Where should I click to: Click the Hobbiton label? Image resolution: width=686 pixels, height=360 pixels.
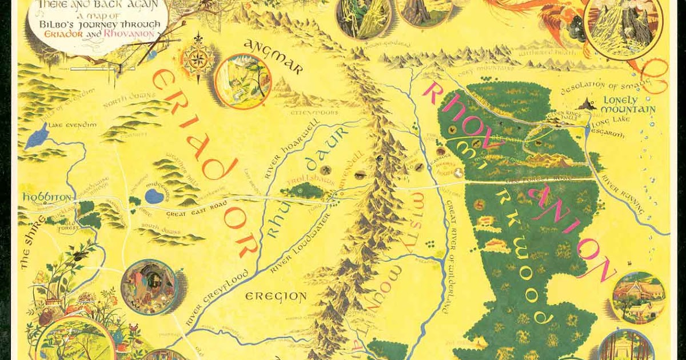click(x=39, y=196)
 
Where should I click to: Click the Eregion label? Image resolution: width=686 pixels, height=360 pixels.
click(x=276, y=296)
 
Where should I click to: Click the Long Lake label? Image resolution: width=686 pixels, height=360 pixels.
click(x=609, y=122)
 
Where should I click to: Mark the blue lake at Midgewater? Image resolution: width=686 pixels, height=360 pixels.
click(x=153, y=197)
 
